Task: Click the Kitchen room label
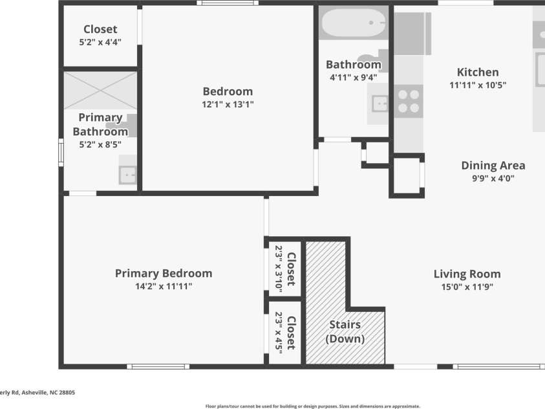478,72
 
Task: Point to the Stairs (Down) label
345,331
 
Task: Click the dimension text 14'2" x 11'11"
163,286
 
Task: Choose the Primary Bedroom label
163,273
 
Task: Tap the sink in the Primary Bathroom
128,174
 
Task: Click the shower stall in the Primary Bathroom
100,91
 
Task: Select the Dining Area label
493,166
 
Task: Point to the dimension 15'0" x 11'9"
467,286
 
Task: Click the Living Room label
467,274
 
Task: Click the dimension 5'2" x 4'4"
100,42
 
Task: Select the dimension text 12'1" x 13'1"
228,104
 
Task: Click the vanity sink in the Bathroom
379,102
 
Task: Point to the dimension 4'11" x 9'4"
353,77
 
